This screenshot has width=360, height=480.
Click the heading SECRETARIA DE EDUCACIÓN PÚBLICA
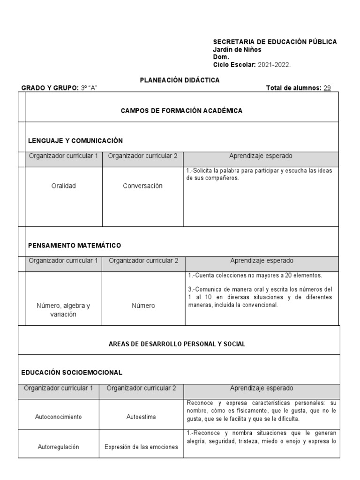point(275,42)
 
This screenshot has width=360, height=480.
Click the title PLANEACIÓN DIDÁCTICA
point(180,80)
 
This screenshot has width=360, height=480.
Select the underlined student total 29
point(327,88)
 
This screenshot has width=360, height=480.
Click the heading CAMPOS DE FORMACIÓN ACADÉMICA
point(181,111)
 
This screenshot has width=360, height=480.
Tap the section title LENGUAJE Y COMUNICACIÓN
point(75,141)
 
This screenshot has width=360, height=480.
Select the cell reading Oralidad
point(63,186)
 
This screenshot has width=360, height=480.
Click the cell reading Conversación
point(142,186)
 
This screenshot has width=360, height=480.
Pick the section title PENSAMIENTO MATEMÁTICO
point(75,245)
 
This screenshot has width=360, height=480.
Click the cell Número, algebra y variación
point(63,310)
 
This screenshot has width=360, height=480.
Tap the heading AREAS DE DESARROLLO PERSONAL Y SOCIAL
point(177,344)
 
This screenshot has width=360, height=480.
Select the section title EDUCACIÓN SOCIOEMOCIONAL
point(72,372)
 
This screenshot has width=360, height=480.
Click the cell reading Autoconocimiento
point(59,416)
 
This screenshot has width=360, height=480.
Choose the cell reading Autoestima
point(141,416)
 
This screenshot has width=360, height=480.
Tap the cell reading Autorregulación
point(59,447)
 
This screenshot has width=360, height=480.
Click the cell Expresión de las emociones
point(141,447)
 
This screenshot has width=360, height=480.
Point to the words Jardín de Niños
point(237,50)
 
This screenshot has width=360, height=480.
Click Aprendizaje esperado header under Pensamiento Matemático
point(262,261)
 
